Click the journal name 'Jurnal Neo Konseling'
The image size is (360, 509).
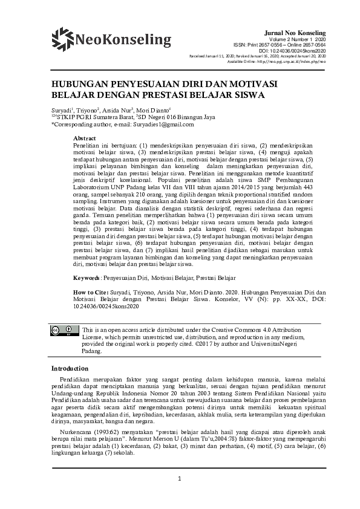[296, 32]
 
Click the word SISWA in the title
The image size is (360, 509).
[253, 96]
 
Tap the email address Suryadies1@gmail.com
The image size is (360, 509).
[163, 125]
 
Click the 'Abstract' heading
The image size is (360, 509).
[84, 139]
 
